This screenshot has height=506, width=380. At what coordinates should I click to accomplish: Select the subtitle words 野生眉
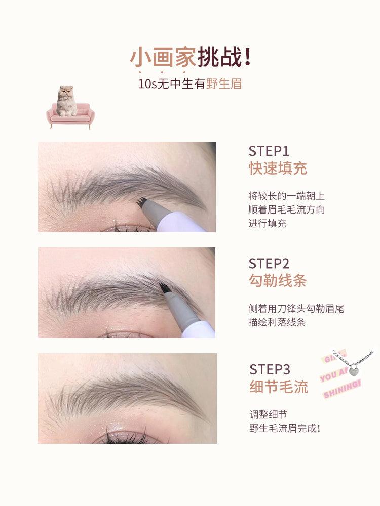coord(224,83)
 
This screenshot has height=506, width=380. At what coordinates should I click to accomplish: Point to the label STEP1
coord(269,151)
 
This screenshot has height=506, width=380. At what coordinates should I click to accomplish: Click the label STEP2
coord(269,263)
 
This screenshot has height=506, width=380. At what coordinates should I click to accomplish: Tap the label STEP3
coord(270,369)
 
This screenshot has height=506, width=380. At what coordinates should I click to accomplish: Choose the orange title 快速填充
coord(278,168)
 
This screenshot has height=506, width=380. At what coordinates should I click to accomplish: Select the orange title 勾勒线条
coord(278,281)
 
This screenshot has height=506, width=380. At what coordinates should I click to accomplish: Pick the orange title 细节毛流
coord(279,388)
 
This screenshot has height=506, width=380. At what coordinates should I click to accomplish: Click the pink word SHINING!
coord(342,390)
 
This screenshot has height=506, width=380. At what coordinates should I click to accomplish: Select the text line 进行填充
coord(267,223)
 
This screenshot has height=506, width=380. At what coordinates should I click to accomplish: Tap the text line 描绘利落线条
coord(277,322)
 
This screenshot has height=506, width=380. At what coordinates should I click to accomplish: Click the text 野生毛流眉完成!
coord(285,428)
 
